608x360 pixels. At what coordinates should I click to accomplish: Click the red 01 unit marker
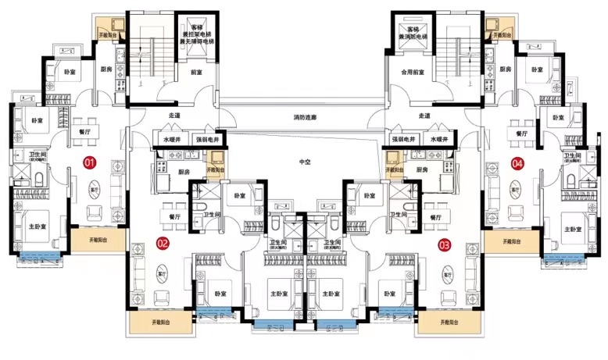point(90,162)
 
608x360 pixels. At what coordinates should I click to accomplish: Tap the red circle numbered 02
point(163,242)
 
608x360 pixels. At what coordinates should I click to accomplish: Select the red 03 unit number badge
point(445,244)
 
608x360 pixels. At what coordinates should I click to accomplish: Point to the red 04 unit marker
point(517,163)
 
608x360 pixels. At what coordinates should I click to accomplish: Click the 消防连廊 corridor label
point(306,118)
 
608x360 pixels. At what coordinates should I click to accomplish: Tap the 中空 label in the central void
point(305,163)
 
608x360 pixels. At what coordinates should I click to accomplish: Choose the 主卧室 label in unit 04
point(574,230)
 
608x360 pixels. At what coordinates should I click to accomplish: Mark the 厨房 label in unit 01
point(109,70)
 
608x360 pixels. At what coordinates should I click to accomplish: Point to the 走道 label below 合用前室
point(426,116)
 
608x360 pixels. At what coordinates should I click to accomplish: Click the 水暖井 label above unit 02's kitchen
point(172,139)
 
